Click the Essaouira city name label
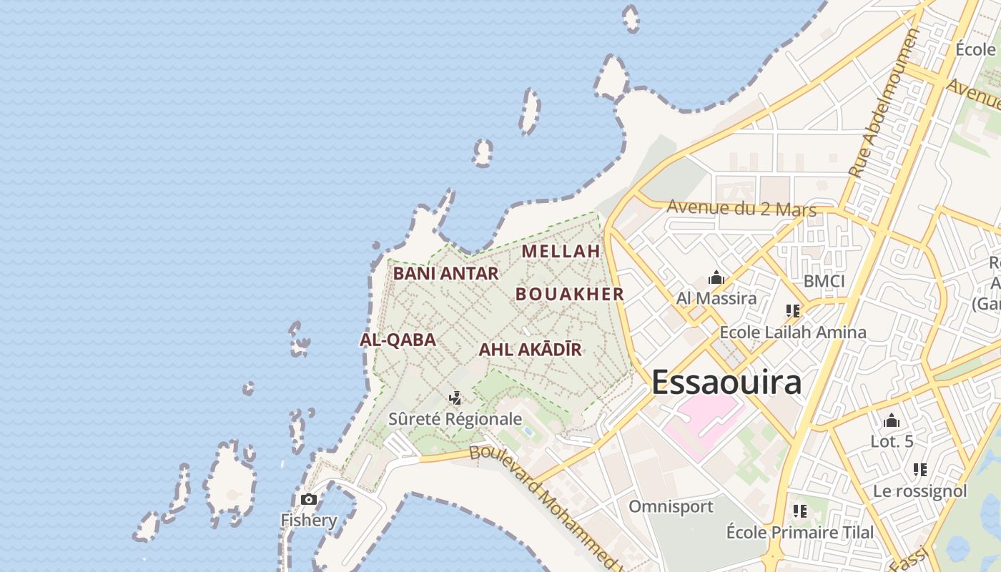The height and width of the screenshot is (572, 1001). (726, 383)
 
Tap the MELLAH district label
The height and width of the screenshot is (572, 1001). (561, 252)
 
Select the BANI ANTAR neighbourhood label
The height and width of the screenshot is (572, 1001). (445, 273)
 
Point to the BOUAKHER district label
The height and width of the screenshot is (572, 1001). (570, 294)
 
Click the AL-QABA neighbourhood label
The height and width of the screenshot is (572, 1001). (398, 340)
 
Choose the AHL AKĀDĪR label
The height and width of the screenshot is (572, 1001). (530, 350)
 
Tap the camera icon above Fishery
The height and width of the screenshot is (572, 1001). (309, 499)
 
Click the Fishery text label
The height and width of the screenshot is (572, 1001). (309, 520)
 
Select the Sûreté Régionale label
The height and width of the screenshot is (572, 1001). (455, 419)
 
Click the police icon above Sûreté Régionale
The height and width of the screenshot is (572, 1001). (455, 398)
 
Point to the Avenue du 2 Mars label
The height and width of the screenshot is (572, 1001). (741, 209)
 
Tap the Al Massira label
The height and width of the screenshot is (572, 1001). (716, 298)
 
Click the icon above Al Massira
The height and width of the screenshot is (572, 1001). (716, 278)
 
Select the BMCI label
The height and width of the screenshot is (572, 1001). (824, 281)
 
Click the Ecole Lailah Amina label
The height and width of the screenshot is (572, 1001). (792, 332)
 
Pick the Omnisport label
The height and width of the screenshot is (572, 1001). (671, 507)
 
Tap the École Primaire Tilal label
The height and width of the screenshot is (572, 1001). (799, 533)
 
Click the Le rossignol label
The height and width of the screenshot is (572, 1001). (919, 491)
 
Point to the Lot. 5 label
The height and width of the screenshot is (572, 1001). (892, 441)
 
